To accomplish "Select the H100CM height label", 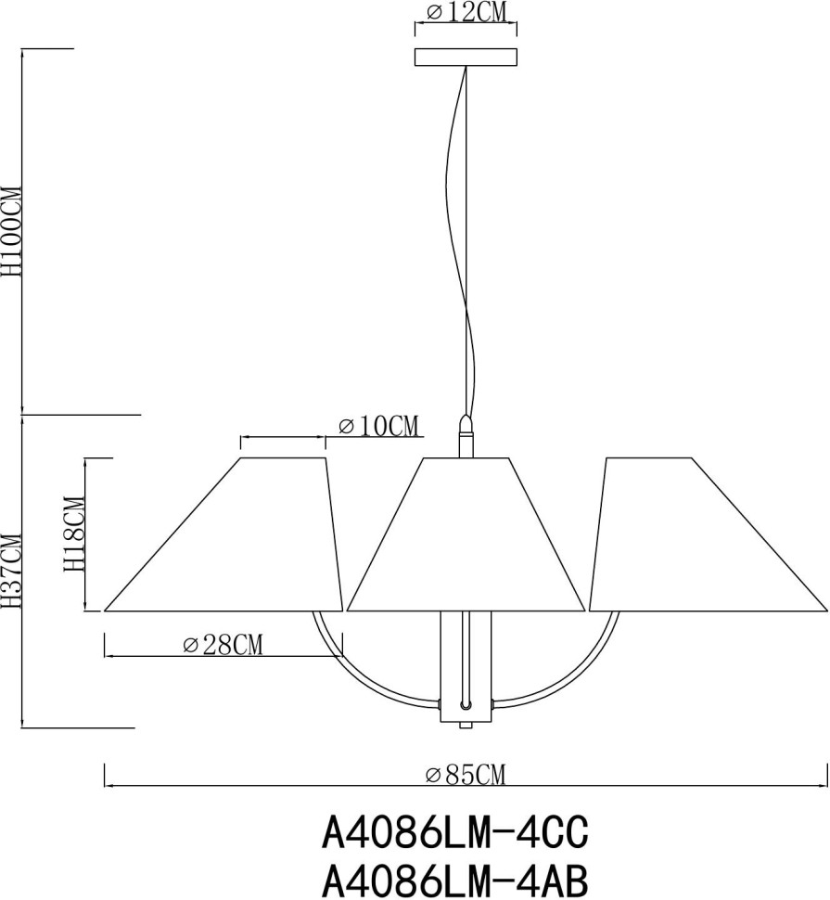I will click(x=12, y=231).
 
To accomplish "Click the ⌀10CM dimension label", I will click(x=378, y=426).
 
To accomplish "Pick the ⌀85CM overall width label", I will click(x=466, y=774).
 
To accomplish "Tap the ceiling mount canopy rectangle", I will click(x=466, y=58).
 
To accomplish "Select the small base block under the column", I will click(x=466, y=722).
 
